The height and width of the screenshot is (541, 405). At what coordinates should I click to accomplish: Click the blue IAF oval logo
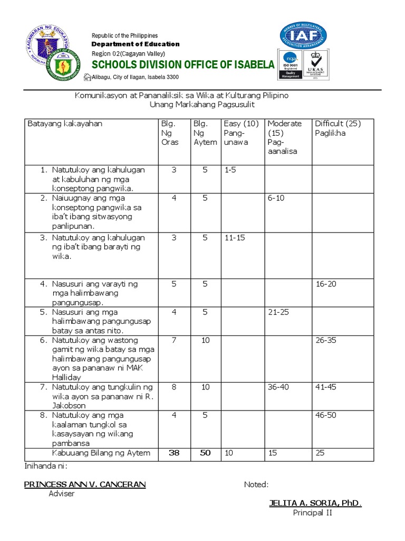(303, 36)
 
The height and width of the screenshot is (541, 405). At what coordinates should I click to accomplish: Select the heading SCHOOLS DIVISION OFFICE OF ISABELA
(184, 65)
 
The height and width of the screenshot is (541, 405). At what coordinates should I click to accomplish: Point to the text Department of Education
(136, 44)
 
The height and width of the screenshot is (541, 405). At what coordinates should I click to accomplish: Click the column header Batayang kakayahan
(65, 124)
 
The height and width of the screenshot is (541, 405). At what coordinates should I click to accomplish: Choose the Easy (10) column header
(241, 124)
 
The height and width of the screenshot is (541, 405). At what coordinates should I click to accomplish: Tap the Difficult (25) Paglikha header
(337, 128)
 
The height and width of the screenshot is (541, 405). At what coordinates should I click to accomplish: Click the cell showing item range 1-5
(230, 170)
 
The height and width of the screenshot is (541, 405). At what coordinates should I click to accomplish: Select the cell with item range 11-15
(235, 238)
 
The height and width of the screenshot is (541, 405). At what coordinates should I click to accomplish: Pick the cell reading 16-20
(325, 284)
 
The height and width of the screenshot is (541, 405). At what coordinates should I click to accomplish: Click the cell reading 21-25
(279, 312)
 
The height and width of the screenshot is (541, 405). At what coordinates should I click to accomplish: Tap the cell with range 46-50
(325, 415)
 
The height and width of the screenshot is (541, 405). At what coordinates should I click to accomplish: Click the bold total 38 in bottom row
(174, 453)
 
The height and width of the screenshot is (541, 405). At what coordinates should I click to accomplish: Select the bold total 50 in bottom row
(206, 453)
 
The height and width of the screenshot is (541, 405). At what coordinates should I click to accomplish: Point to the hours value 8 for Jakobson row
(174, 387)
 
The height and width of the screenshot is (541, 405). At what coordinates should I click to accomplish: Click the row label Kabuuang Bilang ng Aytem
(101, 453)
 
